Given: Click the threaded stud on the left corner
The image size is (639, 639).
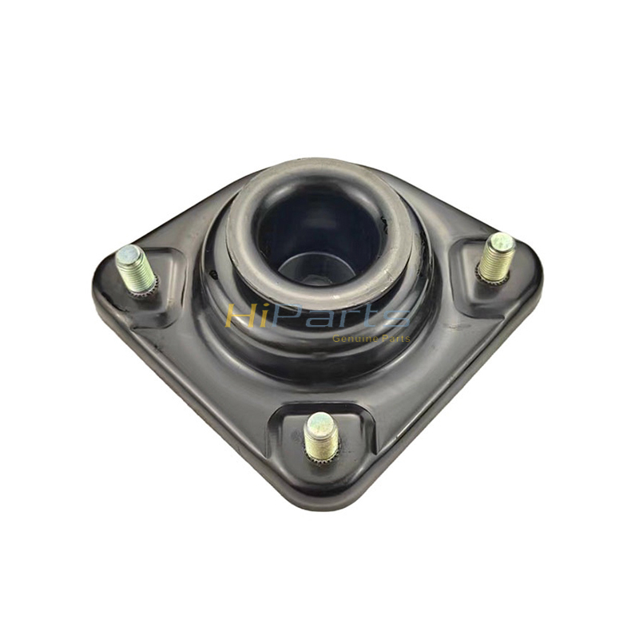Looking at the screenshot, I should point(137,269).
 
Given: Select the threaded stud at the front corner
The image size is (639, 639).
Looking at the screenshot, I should point(321,435).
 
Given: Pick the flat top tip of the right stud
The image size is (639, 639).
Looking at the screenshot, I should point(502,241).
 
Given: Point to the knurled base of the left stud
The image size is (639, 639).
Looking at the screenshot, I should point(146,288).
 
